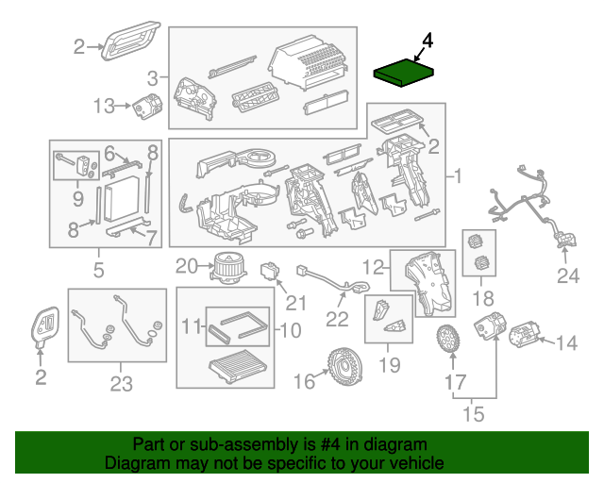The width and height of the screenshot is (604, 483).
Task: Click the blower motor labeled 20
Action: (x=226, y=267)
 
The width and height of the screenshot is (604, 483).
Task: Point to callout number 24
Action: (x=565, y=275)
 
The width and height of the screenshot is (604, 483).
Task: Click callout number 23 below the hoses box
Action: (x=121, y=384)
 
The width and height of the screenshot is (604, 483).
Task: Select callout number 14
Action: (x=566, y=342)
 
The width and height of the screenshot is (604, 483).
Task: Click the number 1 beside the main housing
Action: (x=458, y=176)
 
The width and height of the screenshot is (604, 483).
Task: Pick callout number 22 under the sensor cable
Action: (x=338, y=319)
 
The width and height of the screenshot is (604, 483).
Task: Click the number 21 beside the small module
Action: (x=297, y=302)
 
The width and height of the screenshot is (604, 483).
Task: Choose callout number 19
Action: (x=390, y=364)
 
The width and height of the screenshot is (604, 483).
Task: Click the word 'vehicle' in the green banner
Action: (x=413, y=464)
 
